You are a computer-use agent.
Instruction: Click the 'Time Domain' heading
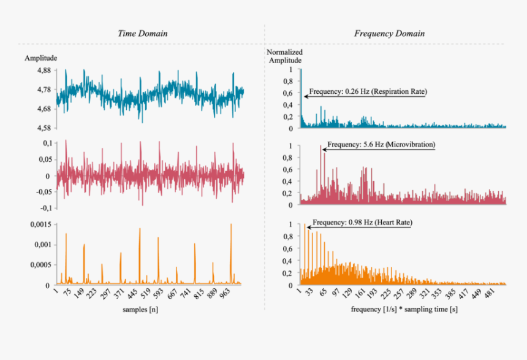pyautogui.click(x=142, y=33)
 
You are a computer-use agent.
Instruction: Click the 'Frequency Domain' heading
pyautogui.click(x=389, y=33)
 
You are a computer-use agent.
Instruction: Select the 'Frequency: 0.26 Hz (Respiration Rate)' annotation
pyautogui.click(x=368, y=91)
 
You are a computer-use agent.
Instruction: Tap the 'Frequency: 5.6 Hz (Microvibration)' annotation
pyautogui.click(x=381, y=145)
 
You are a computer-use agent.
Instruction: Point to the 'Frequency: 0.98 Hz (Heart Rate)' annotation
pyautogui.click(x=362, y=223)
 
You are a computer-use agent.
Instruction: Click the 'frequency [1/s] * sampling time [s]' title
pyautogui.click(x=404, y=310)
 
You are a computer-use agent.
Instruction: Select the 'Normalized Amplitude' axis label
pyautogui.click(x=284, y=56)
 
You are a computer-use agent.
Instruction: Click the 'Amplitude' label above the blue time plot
pyautogui.click(x=41, y=58)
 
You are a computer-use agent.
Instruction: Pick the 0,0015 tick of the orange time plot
pyautogui.click(x=39, y=224)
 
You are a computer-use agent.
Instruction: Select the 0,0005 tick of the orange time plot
pyautogui.click(x=39, y=265)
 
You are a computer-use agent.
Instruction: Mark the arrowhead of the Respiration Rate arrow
pyautogui.click(x=305, y=96)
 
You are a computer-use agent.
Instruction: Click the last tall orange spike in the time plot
pyautogui.click(x=231, y=225)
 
